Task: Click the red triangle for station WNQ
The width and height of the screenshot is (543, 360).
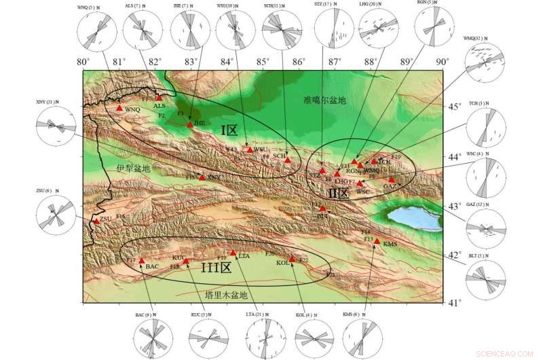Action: pyautogui.click(x=119, y=107)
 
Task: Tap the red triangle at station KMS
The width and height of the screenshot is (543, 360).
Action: pyautogui.click(x=377, y=241)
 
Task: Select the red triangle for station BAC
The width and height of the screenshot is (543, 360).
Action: pyautogui.click(x=141, y=260)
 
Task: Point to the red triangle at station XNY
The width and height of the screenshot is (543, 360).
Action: pyautogui.click(x=202, y=177)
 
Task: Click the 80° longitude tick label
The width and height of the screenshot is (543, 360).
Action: pyautogui.click(x=83, y=62)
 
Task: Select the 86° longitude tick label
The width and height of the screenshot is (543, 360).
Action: pyautogui.click(x=298, y=62)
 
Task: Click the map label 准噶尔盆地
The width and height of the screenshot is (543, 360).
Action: pyautogui.click(x=324, y=100)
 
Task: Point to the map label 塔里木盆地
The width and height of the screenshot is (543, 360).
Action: pyautogui.click(x=226, y=294)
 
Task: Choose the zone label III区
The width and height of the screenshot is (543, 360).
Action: pyautogui.click(x=216, y=267)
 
